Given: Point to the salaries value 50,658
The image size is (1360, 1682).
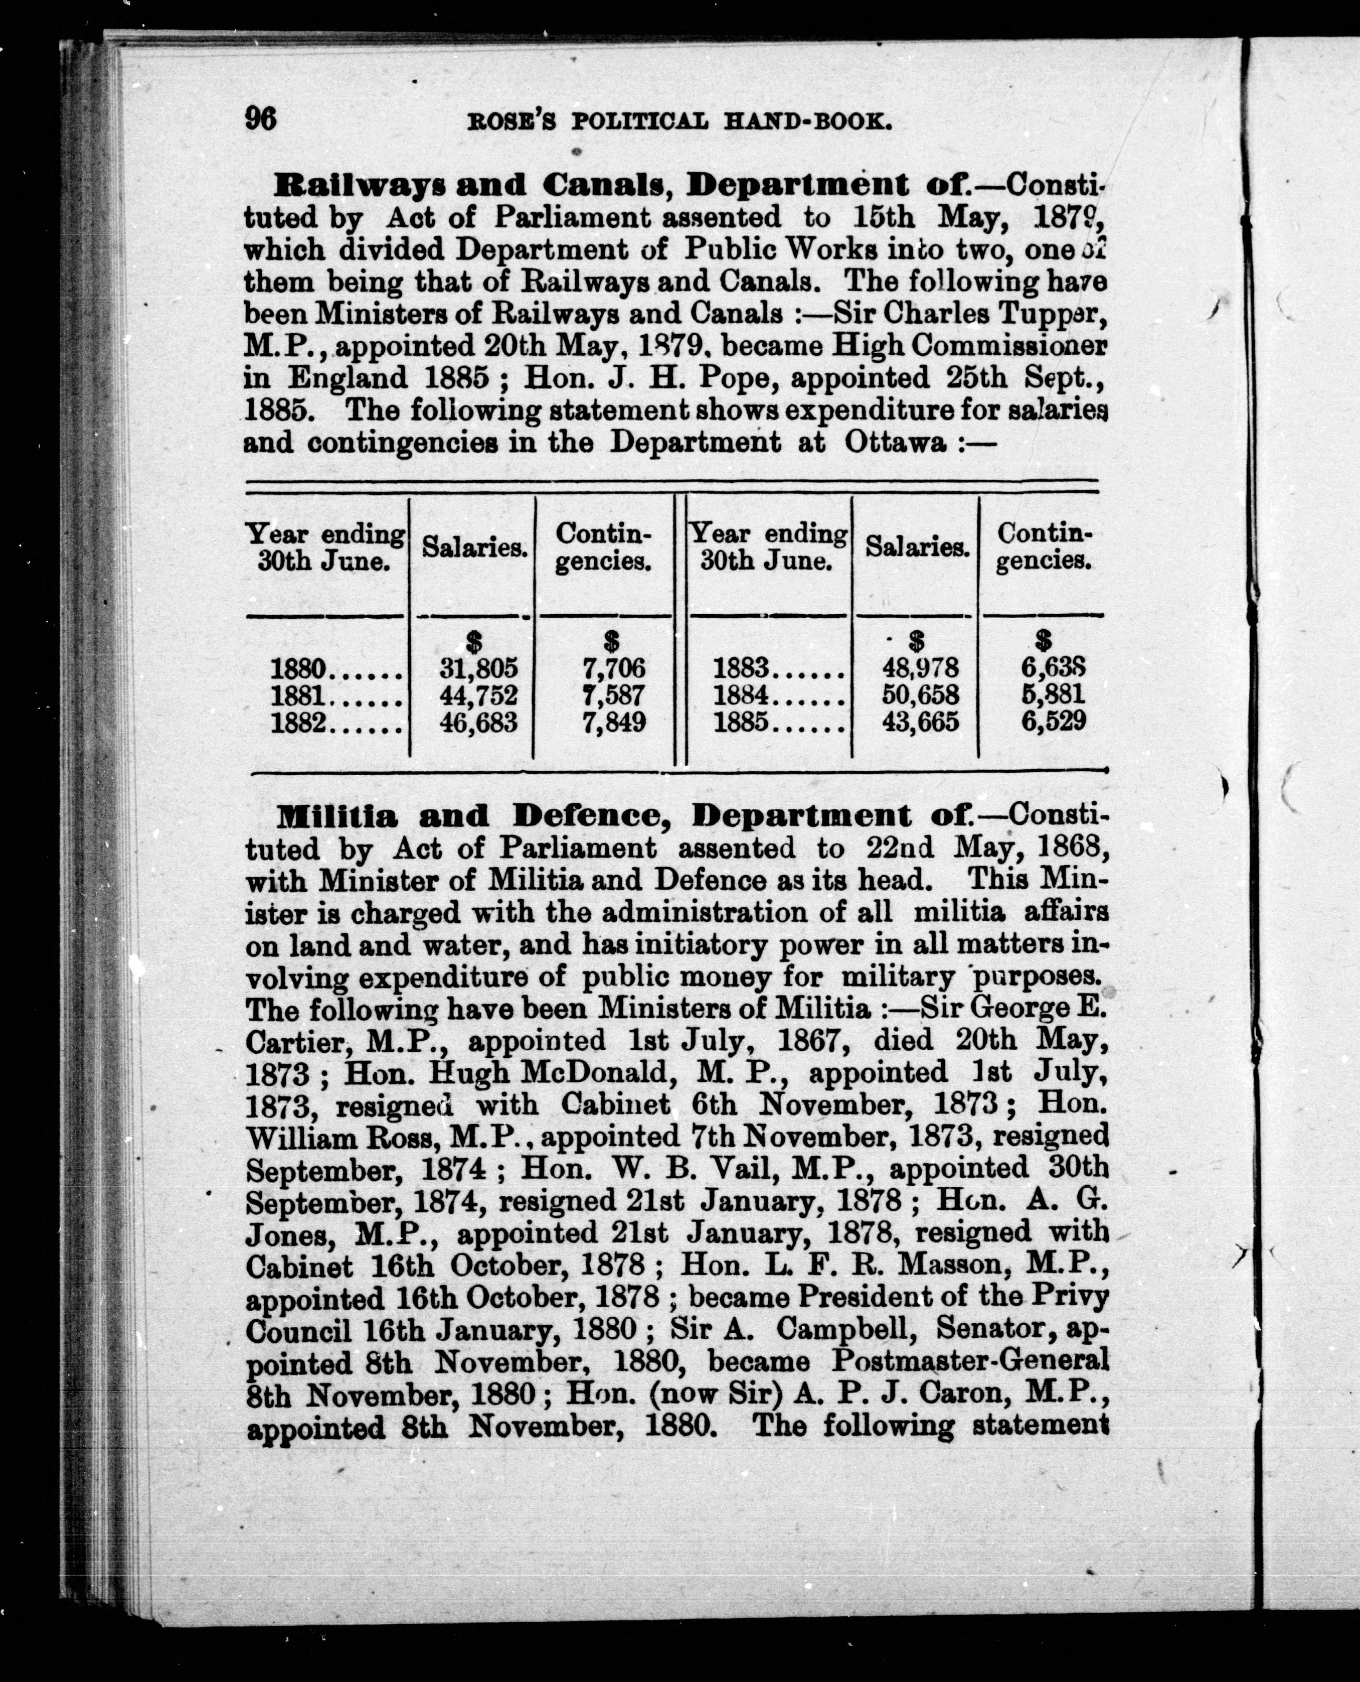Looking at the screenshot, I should [920, 694].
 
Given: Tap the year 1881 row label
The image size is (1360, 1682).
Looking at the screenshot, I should [298, 695].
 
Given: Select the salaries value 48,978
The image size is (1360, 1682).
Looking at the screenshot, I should [920, 668].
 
